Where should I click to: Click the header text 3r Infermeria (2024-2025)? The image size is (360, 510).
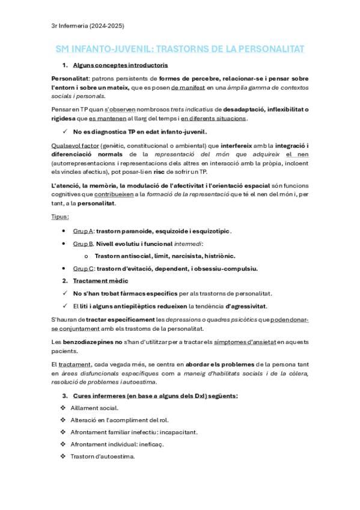(x=88, y=25)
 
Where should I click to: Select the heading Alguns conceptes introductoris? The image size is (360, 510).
(x=120, y=65)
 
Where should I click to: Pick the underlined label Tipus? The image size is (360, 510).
(x=60, y=217)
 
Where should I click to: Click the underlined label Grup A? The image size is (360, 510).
(x=83, y=232)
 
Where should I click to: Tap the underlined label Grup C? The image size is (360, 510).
(x=83, y=268)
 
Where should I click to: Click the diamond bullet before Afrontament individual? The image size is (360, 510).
(x=64, y=444)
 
